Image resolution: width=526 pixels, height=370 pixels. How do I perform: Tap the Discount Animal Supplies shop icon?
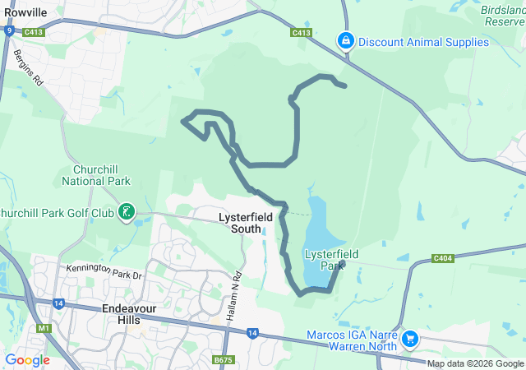tap(346, 40)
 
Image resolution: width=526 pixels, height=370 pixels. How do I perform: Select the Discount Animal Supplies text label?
tap(418, 41)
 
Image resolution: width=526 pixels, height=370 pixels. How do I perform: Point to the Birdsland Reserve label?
tap(502, 16)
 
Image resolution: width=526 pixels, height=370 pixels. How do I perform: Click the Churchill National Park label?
tap(96, 175)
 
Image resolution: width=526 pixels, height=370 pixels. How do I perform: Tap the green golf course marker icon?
tap(126, 213)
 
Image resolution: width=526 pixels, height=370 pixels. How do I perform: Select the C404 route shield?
tap(443, 258)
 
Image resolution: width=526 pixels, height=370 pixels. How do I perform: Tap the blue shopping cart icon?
tap(409, 338)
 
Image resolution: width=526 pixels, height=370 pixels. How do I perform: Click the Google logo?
tap(28, 359)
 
